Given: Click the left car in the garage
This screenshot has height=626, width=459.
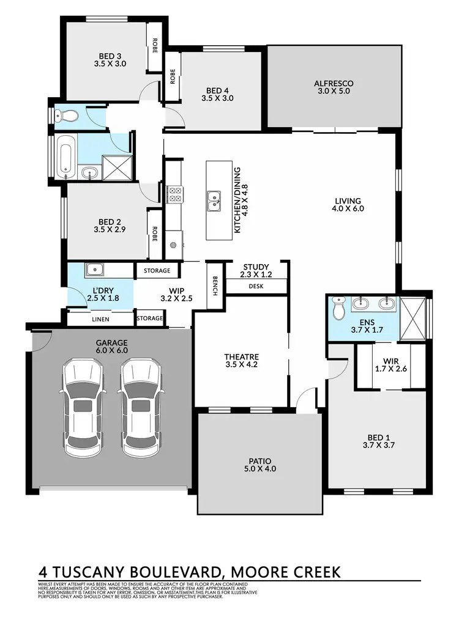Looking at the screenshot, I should [x=81, y=407].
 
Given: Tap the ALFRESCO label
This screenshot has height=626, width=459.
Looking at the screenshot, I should [x=334, y=84].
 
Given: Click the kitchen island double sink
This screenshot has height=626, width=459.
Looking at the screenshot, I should [x=214, y=200].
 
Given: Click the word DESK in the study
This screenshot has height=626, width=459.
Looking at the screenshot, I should [x=255, y=286].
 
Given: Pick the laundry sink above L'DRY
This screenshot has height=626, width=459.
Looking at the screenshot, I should [x=94, y=269].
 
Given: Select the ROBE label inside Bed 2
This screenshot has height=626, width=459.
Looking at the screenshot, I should [x=155, y=234].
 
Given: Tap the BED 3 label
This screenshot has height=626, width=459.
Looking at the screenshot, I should [x=110, y=54].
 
